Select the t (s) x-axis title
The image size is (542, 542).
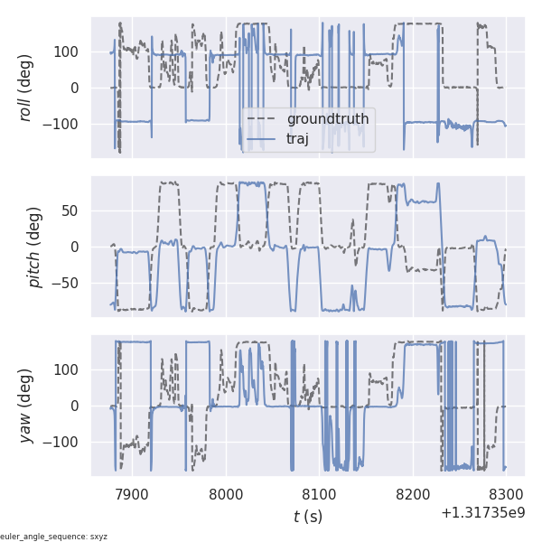coord(307,517)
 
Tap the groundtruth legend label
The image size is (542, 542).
coord(327,119)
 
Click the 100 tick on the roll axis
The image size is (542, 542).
coord(66,51)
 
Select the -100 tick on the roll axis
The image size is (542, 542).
coord(62,124)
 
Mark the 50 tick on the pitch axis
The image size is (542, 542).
coord(70,210)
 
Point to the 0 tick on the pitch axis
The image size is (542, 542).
coord(75,248)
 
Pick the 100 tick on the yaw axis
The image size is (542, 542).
coord(66,369)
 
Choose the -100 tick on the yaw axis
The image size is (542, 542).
coord(62,442)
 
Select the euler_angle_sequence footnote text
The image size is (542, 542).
coord(54,537)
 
